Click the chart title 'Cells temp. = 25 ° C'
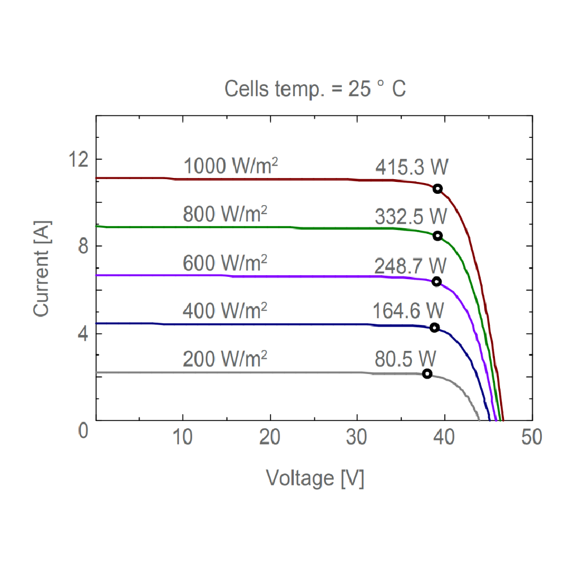coord(315,89)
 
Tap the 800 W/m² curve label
coord(225,215)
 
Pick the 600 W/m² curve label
coord(225,263)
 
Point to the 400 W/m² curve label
coord(225,311)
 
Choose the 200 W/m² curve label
coord(225,359)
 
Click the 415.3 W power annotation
coord(411,167)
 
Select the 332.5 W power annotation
coord(410,216)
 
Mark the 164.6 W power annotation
coord(408,311)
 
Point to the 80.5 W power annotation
coord(405,359)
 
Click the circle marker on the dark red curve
coord(437,189)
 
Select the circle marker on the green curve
coord(437,236)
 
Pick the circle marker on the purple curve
coord(436,281)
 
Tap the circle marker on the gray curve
coord(427,373)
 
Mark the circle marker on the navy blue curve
coord(434,328)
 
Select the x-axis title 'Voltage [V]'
coord(315,479)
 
